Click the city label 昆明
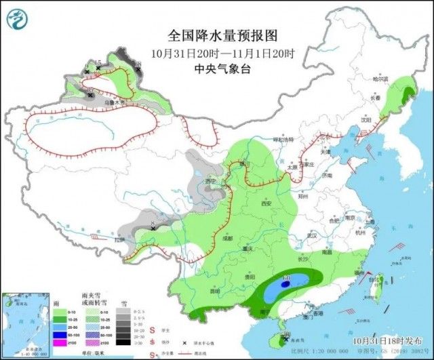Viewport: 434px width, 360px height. click(215, 292)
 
